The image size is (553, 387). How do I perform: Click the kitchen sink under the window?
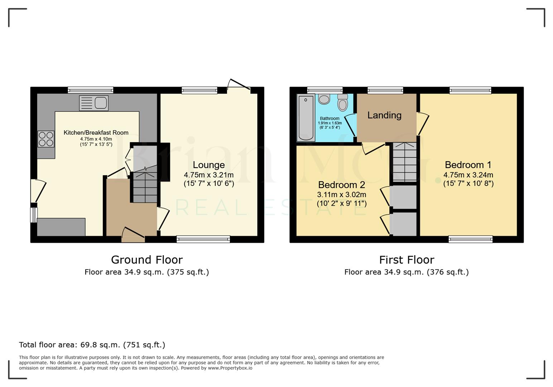click(x=94, y=104)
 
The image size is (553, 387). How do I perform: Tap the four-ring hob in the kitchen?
click(x=46, y=139)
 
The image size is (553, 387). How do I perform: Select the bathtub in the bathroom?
click(x=306, y=118)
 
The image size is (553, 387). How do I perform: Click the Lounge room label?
click(x=209, y=165)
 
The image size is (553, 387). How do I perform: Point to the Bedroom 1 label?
click(x=468, y=165)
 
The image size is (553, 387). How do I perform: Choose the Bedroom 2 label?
click(x=341, y=185)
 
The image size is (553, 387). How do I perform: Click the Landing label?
click(x=384, y=115)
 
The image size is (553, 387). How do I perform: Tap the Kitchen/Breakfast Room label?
click(x=96, y=133)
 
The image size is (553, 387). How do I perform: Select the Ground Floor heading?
click(x=147, y=260)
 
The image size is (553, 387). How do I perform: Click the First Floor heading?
click(x=407, y=260)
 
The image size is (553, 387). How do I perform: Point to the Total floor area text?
click(x=92, y=345)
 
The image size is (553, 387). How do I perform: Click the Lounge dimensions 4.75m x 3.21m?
click(x=209, y=175)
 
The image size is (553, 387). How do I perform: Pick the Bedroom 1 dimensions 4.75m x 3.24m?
click(x=468, y=175)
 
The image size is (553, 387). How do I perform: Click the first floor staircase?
click(x=405, y=162)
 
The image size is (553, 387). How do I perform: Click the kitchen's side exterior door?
click(x=38, y=190)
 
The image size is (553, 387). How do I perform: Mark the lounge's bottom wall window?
click(x=203, y=239)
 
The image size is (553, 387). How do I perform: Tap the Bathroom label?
click(x=330, y=119)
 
